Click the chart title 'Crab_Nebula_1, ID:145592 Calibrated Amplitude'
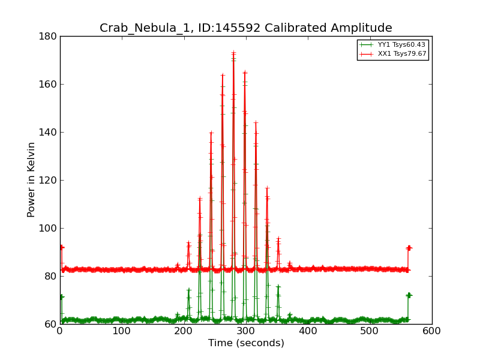[245, 28]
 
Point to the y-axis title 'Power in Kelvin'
[31, 179]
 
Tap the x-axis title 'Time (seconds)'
[246, 343]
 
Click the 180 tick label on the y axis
[50, 36]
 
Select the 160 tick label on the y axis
[50, 84]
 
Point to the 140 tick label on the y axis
[50, 132]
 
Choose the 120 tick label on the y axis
[50, 180]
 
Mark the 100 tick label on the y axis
[50, 228]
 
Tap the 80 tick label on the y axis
[52, 276]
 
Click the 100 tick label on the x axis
[122, 331]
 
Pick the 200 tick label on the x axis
[184, 331]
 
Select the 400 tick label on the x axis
[308, 331]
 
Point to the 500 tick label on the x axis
[370, 331]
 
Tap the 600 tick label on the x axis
[432, 331]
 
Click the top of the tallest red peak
[233, 53]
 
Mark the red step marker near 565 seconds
[409, 248]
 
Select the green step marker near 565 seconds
[409, 295]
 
